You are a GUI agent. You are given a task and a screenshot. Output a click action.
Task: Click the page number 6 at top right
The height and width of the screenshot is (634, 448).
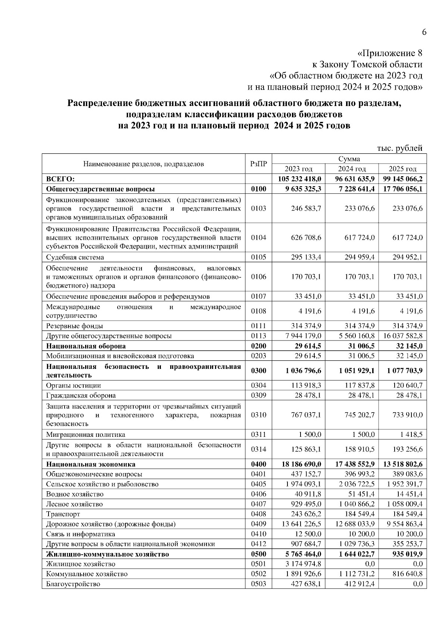424,32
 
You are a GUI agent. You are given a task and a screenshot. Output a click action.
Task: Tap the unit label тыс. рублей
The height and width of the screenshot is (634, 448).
399,148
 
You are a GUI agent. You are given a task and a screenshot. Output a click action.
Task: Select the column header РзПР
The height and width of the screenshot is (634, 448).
258,164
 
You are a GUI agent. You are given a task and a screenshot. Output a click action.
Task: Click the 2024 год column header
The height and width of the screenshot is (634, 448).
352,169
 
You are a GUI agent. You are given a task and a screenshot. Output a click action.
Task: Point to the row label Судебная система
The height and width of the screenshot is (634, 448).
75,257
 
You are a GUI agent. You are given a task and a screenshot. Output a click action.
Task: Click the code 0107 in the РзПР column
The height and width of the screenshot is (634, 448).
258,296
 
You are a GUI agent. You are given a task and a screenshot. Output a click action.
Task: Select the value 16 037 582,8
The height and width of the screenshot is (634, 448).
402,336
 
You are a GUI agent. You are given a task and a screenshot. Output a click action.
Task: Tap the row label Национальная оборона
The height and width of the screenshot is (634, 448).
86,346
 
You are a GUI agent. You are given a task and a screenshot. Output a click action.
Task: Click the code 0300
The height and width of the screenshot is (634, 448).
258,371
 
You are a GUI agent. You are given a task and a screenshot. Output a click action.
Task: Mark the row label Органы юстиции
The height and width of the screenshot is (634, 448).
74,385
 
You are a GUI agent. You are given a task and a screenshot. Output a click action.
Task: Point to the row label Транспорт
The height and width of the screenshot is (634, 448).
63,514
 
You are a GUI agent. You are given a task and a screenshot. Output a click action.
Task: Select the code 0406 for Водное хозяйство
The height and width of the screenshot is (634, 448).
258,494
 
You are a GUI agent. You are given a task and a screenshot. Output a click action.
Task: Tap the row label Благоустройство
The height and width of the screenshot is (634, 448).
73,584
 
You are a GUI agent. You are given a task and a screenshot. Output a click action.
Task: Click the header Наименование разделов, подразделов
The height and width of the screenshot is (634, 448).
143,164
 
